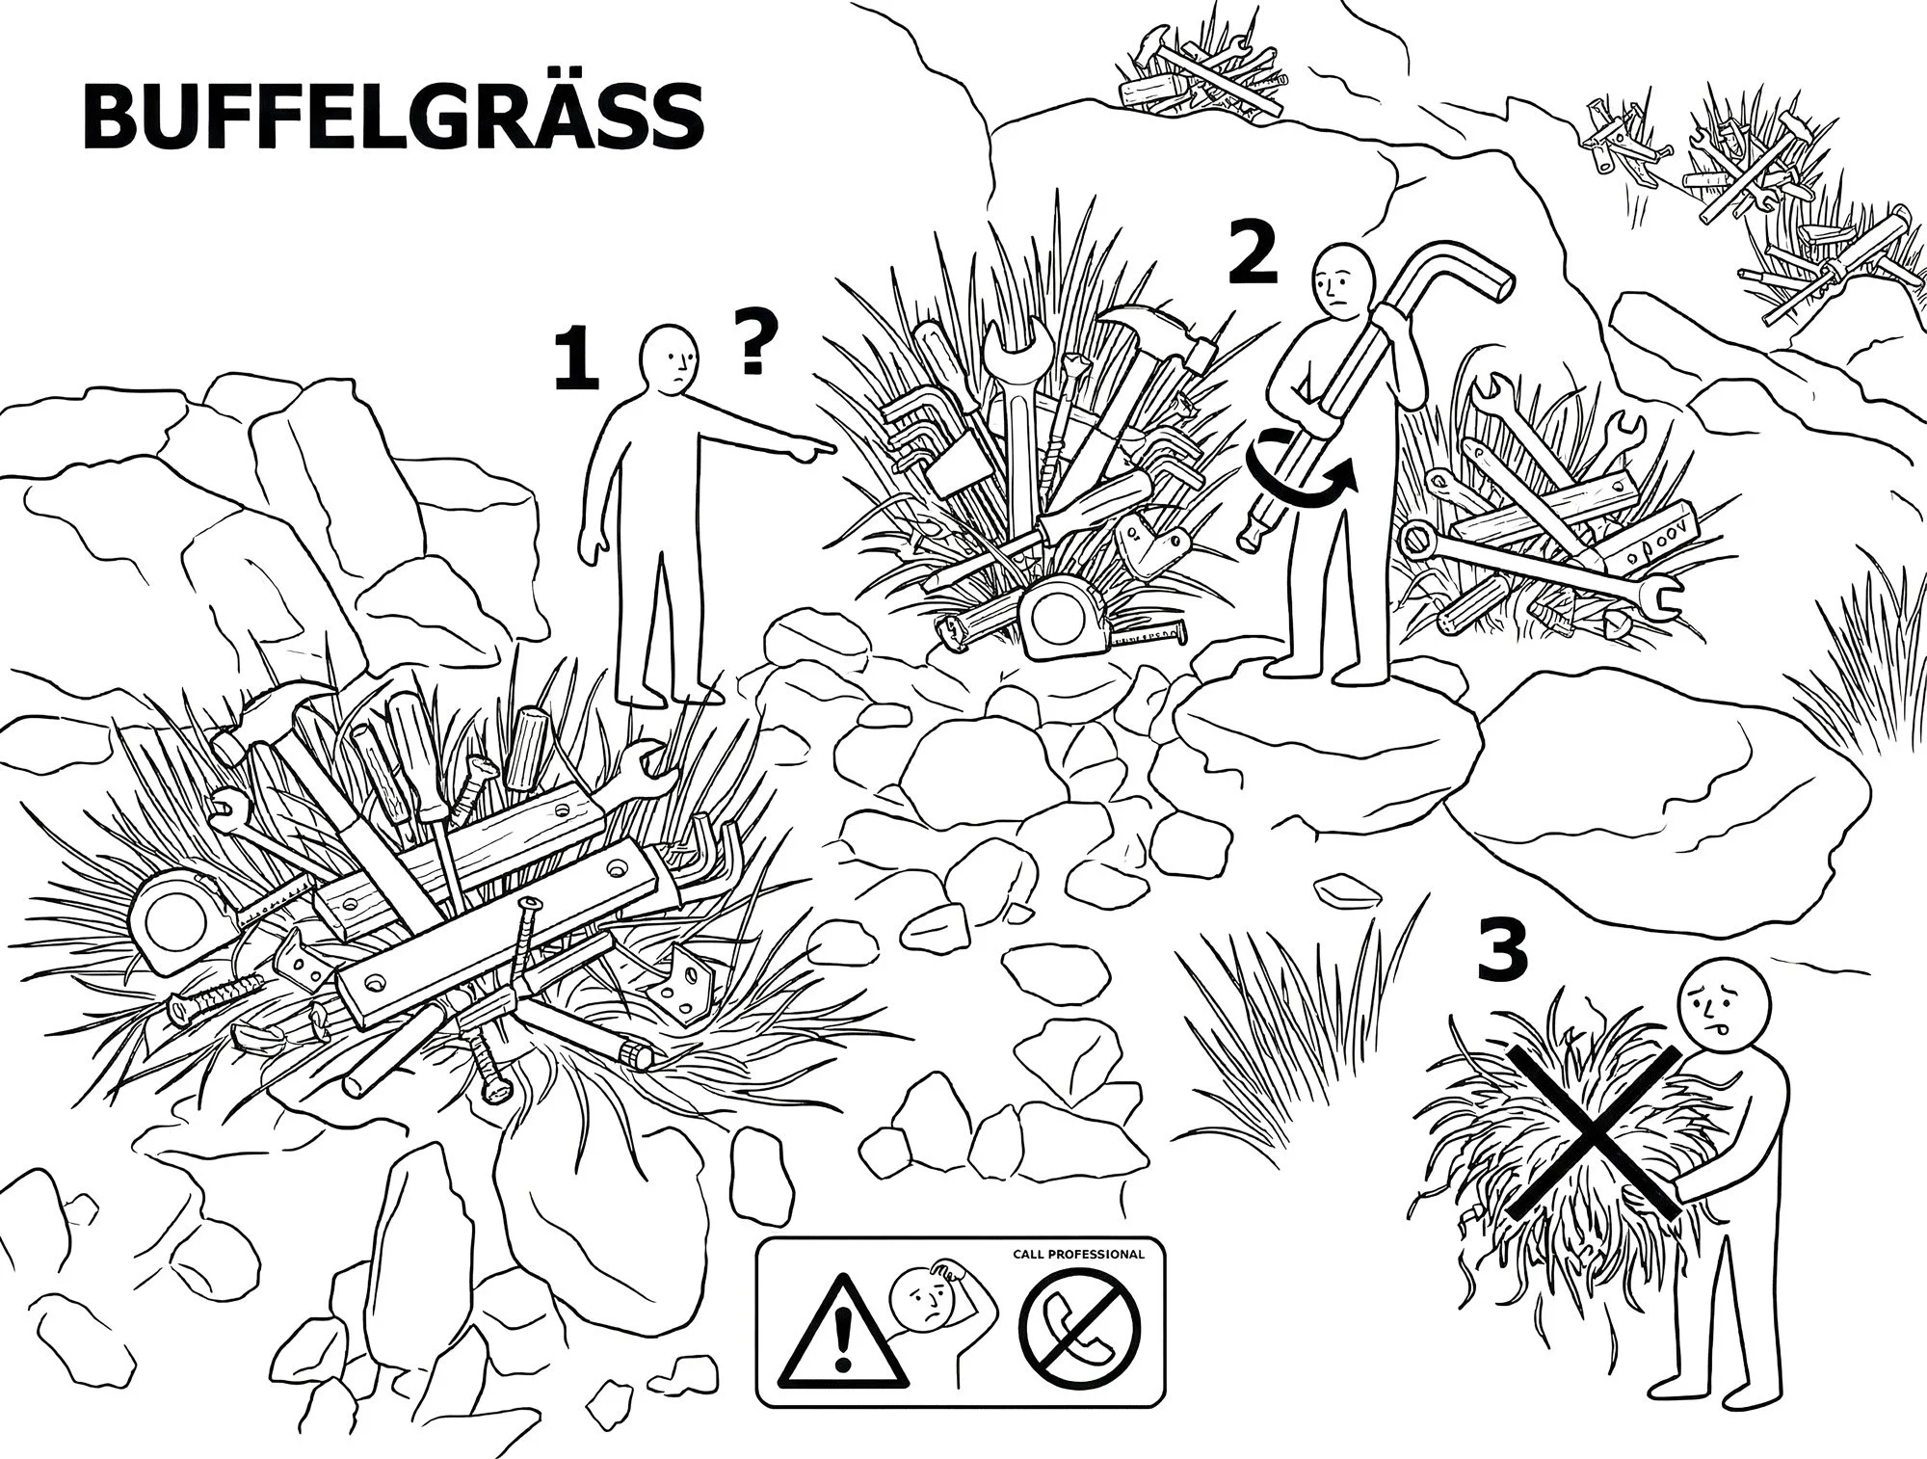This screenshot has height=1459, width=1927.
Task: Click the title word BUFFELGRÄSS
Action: point(393,117)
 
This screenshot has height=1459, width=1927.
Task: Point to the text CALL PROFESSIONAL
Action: point(1078,1255)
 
